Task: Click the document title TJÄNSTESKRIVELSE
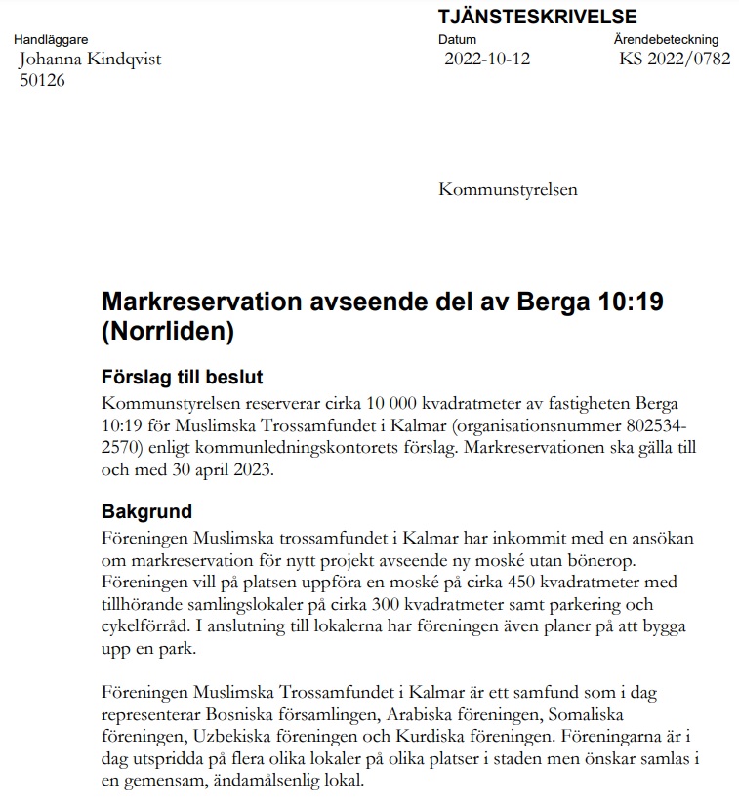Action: click(x=537, y=17)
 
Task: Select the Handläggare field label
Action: click(x=51, y=40)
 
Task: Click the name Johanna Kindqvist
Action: click(x=91, y=59)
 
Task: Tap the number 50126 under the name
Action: click(x=43, y=80)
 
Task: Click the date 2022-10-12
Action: click(x=487, y=59)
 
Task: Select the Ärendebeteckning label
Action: click(x=666, y=40)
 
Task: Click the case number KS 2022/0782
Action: click(x=674, y=59)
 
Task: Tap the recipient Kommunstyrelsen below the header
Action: click(x=508, y=189)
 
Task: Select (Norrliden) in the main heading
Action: click(x=168, y=331)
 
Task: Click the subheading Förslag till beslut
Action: click(x=183, y=378)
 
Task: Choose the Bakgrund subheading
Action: click(x=146, y=511)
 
